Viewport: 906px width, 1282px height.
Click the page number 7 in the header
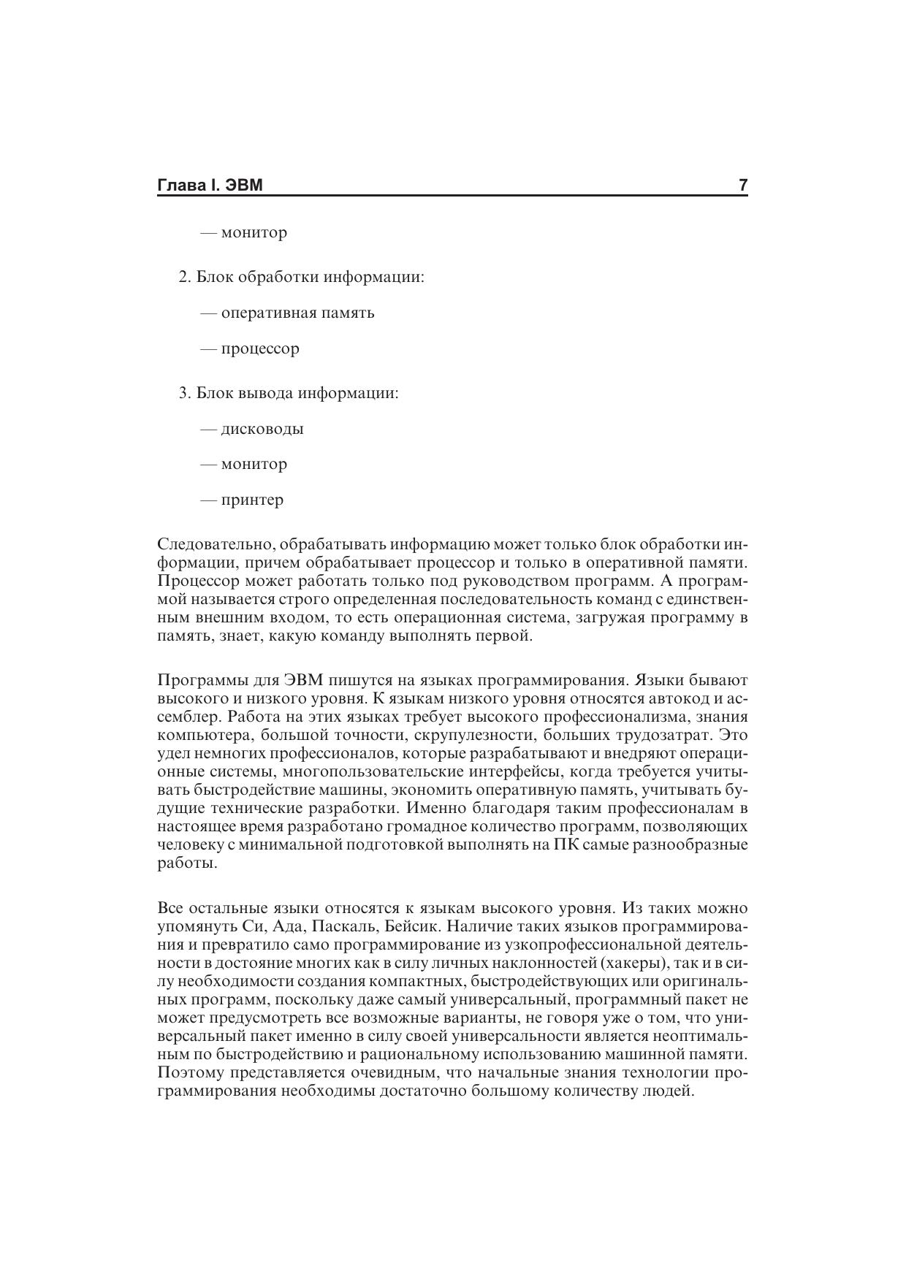[742, 186]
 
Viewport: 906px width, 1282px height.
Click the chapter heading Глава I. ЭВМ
[210, 186]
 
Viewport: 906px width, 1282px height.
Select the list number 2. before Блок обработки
[184, 278]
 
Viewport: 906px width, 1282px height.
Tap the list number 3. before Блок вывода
[184, 393]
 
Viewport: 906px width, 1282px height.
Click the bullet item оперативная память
[297, 313]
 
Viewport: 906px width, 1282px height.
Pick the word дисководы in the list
[262, 429]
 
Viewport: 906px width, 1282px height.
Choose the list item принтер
[252, 500]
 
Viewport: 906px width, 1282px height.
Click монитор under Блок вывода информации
[254, 465]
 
